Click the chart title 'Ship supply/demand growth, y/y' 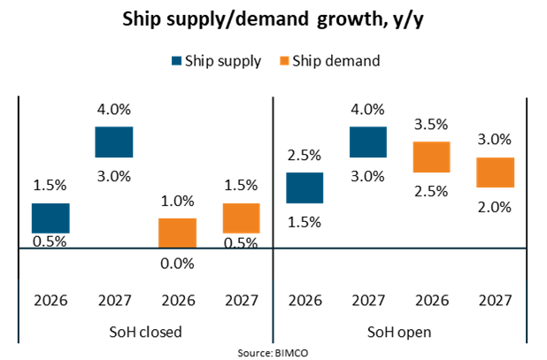(273, 20)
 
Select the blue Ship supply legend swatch (177, 61)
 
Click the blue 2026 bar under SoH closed (50, 218)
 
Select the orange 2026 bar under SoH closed (177, 234)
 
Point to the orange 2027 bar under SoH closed (241, 218)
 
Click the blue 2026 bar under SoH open (304, 188)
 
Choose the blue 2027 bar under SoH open (368, 142)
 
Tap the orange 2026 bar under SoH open (432, 157)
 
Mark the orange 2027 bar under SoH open (496, 172)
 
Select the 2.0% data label (496, 207)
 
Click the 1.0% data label (177, 202)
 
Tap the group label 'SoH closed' (145, 333)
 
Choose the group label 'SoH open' (400, 333)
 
